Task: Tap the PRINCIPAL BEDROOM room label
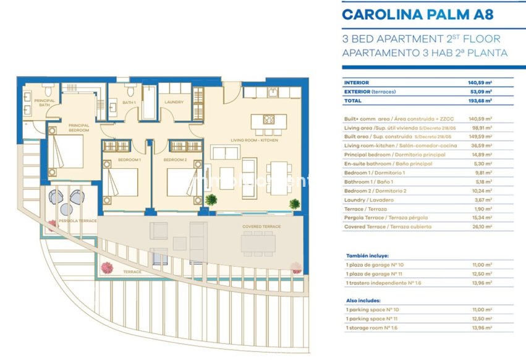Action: pyautogui.click(x=79, y=128)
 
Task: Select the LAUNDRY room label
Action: pyautogui.click(x=174, y=102)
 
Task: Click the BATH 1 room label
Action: pyautogui.click(x=129, y=102)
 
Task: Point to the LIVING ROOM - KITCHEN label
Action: pyautogui.click(x=254, y=140)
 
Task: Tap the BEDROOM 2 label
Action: pyautogui.click(x=175, y=160)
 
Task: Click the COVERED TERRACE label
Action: pyautogui.click(x=261, y=226)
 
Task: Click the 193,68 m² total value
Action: pyautogui.click(x=480, y=100)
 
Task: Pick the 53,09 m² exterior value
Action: pyautogui.click(x=480, y=91)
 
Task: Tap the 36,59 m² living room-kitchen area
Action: pyautogui.click(x=480, y=145)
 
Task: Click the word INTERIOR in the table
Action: pyautogui.click(x=357, y=82)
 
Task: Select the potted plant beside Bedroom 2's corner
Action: pyautogui.click(x=211, y=200)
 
